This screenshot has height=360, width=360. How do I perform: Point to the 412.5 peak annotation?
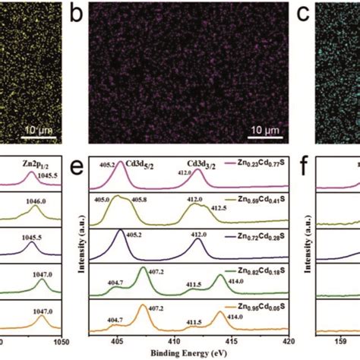216,208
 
